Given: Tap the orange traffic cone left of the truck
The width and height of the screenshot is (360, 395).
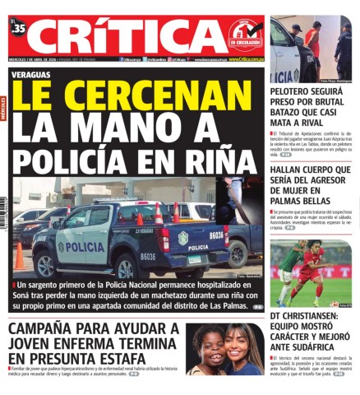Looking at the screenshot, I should (x=18, y=257).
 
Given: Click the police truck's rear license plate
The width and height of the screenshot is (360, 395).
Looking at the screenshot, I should (x=195, y=260).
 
